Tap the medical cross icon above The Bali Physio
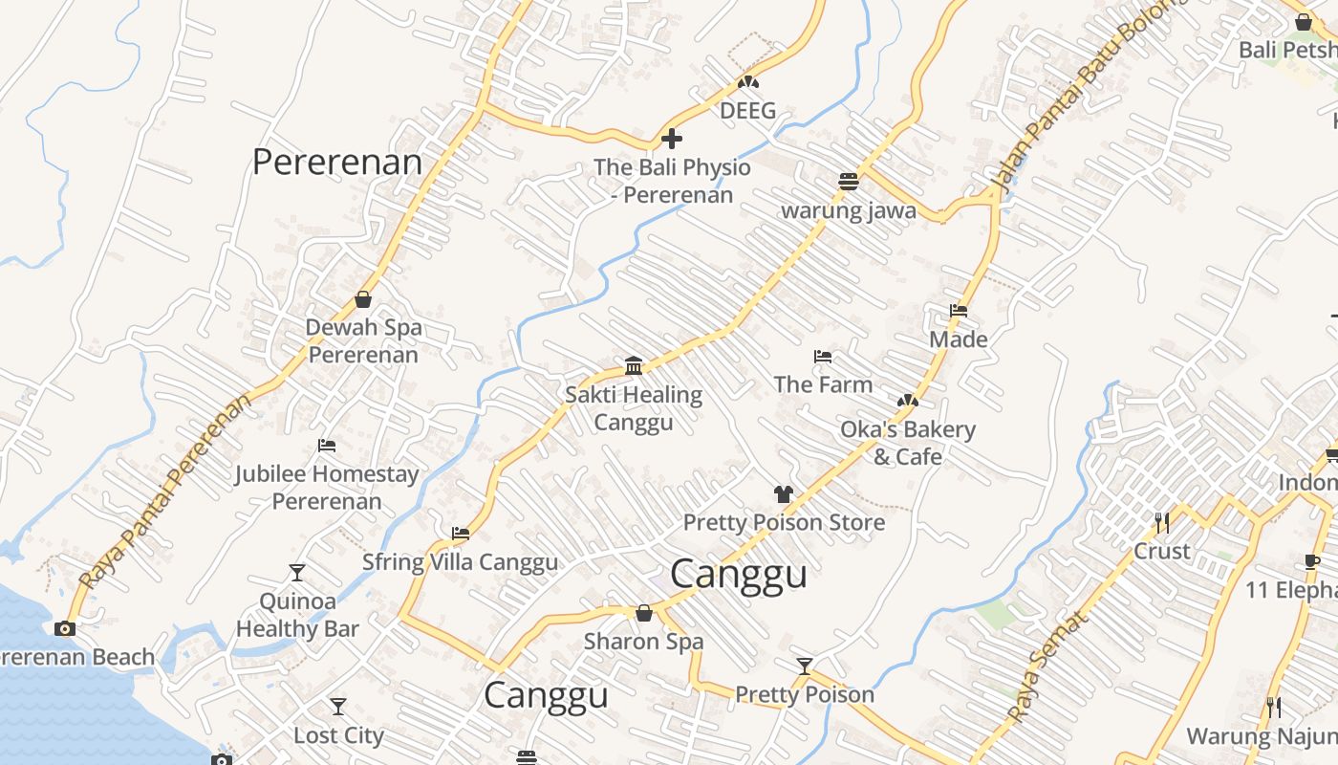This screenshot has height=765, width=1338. [x=672, y=139]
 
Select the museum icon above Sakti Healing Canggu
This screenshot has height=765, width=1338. [x=633, y=366]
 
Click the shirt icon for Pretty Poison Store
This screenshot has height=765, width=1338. [x=784, y=494]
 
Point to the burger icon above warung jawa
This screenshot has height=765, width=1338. [x=848, y=181]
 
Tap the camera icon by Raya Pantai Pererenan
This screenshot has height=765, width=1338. [x=65, y=628]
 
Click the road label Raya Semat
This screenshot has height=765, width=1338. [x=1047, y=667]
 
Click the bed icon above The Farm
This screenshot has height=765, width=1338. [x=823, y=357]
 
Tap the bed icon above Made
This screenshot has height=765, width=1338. [x=959, y=311]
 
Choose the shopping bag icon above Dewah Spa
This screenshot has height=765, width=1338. [x=363, y=299]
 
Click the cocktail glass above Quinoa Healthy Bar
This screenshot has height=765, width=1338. [x=297, y=573]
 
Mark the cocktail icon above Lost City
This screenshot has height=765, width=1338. [x=338, y=707]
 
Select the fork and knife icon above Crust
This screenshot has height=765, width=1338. [x=1162, y=523]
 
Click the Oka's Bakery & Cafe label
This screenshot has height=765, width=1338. [x=907, y=443]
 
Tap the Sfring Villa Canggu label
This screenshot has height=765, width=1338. [x=460, y=561]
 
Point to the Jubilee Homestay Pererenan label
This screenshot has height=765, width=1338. [x=327, y=487]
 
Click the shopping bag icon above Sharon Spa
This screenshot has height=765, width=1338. [x=644, y=613]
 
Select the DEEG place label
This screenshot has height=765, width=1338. [x=747, y=111]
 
